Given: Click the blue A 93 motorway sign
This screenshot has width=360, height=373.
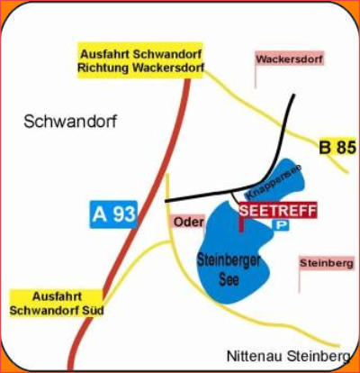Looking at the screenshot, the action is tap(113, 214).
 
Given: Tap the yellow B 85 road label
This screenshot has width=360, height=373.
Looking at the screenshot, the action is tap(337, 148).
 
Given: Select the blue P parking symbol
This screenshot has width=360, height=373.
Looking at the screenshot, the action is tap(281, 225).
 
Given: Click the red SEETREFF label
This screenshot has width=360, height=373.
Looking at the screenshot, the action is tap(277, 210).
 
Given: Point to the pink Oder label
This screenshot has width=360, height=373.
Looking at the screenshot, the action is tap(188, 223).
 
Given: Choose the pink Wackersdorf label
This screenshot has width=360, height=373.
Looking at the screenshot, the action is tap(290, 59).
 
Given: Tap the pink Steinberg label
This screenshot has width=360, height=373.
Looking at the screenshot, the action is tap(327, 263).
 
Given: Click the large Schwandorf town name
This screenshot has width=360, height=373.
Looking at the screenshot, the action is tap(70, 122).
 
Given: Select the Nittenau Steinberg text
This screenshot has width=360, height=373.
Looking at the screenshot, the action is tap(288, 357).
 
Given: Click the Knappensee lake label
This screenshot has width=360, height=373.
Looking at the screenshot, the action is tap(273, 182).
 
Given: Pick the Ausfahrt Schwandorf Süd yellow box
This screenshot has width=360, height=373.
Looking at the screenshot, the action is tap(57, 304).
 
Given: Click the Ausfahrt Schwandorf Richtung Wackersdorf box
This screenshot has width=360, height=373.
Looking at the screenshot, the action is tap(140, 60).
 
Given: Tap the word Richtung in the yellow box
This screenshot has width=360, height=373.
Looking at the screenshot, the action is tap(103, 68).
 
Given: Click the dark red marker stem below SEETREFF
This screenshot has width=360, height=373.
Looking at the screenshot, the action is tap(241, 225).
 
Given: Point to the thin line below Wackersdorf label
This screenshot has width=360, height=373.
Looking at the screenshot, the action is tap(256, 77).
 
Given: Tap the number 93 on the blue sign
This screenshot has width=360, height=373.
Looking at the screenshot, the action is tap(124, 214).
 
